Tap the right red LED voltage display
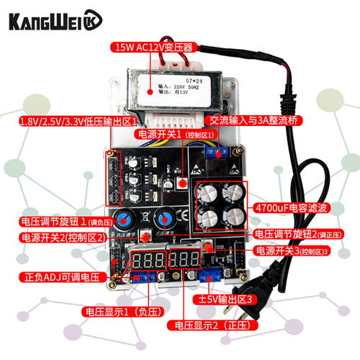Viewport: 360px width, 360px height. pos(185,260)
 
